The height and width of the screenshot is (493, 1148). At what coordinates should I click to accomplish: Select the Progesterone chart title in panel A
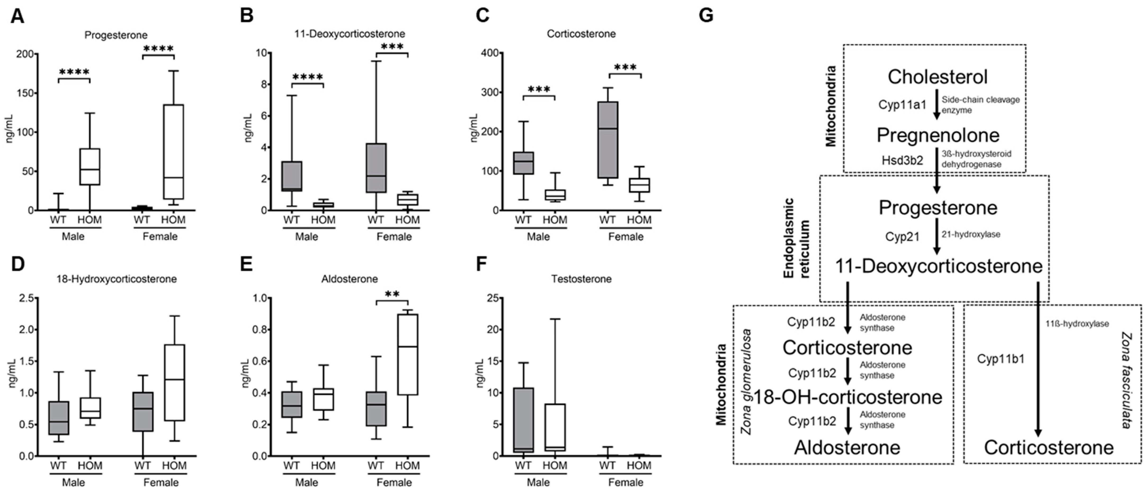(116, 35)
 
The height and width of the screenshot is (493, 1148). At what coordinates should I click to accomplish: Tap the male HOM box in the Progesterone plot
(90, 166)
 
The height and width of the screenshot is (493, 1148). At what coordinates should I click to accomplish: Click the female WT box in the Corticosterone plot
(607, 140)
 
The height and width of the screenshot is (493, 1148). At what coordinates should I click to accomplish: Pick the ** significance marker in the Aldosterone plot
(392, 294)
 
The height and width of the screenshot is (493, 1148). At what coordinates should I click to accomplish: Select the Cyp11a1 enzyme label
(902, 105)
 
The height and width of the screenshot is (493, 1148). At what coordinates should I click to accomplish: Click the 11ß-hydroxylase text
(1077, 324)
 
